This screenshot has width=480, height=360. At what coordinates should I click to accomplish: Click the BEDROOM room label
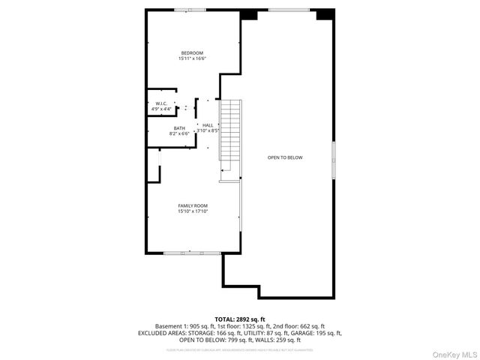pos(192,52)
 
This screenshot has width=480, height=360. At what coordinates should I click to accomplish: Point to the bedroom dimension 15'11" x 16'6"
pos(192,58)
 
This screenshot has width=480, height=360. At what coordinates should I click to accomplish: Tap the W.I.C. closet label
pos(161,103)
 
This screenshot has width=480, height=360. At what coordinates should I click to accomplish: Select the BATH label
pos(179,128)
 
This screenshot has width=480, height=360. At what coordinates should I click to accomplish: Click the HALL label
pos(208,125)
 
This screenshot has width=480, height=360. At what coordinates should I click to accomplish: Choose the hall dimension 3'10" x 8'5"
pos(208,131)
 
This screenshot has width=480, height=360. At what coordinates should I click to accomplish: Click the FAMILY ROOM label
pos(193,205)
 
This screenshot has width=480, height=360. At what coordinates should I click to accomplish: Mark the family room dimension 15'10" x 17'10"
pos(193,211)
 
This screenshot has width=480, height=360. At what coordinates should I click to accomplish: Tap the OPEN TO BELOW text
pos(286,157)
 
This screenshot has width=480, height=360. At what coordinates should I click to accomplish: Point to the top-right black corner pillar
pos(325,14)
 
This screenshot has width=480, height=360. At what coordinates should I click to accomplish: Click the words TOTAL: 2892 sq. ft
pos(240,319)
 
